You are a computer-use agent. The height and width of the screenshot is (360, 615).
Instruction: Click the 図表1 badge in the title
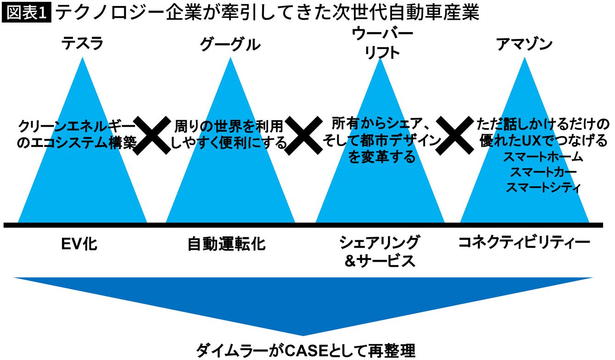point(27,13)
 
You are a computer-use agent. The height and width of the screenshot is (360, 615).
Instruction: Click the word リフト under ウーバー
point(382,52)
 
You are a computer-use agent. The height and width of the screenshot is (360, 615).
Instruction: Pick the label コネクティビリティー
point(524,243)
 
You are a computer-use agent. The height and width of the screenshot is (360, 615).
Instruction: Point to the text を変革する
point(382,157)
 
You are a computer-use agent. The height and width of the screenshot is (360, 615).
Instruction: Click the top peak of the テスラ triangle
point(83,59)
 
